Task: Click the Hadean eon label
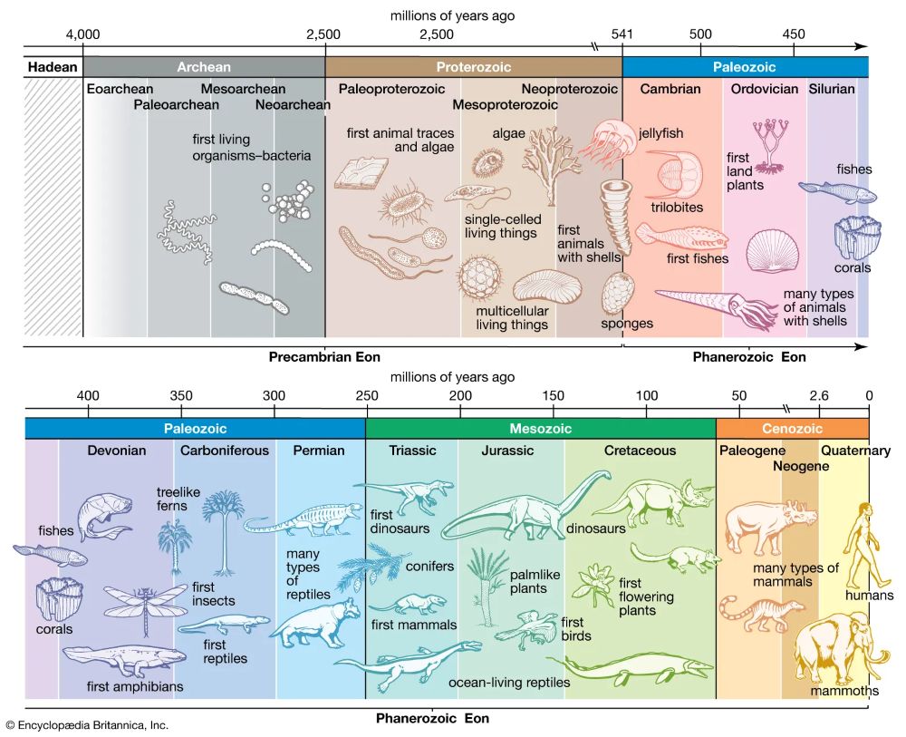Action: pyautogui.click(x=53, y=67)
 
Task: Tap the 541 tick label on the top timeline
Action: pyautogui.click(x=622, y=34)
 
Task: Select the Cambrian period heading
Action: pyautogui.click(x=670, y=89)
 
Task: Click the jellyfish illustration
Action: pyautogui.click(x=602, y=142)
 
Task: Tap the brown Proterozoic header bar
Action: pyautogui.click(x=473, y=67)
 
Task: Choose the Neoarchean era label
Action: pyautogui.click(x=292, y=105)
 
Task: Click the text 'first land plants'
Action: pyautogui.click(x=745, y=170)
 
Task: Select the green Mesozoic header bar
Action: pyautogui.click(x=540, y=428)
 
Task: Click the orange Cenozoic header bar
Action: pyautogui.click(x=791, y=428)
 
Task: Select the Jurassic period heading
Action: pyautogui.click(x=508, y=451)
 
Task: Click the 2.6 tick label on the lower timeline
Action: pyautogui.click(x=819, y=395)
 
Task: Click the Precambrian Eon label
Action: pyautogui.click(x=323, y=357)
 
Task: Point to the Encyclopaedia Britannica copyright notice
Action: pyautogui.click(x=87, y=725)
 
